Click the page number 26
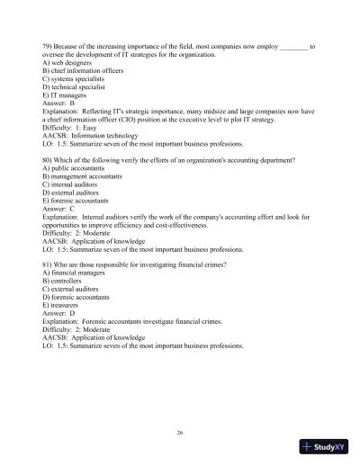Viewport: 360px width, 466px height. click(180, 433)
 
